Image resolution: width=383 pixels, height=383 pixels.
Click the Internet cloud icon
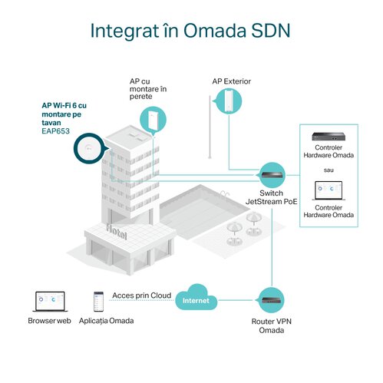196,297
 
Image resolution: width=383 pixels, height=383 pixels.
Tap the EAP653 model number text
55,131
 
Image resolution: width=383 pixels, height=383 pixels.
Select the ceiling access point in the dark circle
88,149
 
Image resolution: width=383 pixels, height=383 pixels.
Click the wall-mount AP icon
153,120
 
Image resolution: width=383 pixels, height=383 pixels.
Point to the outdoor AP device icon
229,101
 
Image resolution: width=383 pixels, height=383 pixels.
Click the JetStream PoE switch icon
272,175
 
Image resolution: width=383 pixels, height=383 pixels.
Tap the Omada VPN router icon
272,300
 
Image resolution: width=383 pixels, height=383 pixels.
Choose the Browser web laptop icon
50,302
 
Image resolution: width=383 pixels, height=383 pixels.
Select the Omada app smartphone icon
98,302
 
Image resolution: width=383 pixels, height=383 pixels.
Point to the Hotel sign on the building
117,232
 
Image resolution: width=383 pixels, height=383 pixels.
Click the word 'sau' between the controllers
329,170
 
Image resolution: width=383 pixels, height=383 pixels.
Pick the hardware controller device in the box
329,137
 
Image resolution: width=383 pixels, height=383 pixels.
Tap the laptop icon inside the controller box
329,190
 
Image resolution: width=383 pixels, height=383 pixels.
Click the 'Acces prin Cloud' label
142,296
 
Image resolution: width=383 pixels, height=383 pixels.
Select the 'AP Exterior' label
232,81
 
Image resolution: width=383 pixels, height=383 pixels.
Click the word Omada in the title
215,31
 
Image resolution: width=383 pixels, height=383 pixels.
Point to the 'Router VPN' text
271,322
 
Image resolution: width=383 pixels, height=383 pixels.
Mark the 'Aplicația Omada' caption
106,321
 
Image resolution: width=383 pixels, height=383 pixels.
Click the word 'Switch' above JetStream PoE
271,193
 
